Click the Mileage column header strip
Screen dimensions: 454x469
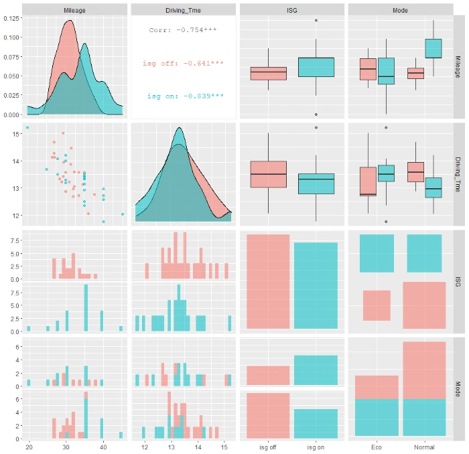pos(74,11)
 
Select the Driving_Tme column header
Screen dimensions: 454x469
pos(183,11)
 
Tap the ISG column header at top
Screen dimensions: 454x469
pos(292,11)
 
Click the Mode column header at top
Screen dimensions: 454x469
pos(401,11)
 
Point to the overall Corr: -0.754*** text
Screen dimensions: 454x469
pos(183,30)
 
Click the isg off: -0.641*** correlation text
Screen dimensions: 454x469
pos(183,63)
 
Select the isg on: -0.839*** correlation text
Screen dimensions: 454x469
pos(185,96)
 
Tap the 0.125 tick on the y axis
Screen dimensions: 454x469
pos(11,17)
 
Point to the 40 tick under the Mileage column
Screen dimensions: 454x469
pos(103,447)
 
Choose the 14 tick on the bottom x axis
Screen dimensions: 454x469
pos(198,447)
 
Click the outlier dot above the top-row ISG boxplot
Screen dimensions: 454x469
pos(316,20)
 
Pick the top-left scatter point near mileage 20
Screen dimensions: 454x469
pos(27,127)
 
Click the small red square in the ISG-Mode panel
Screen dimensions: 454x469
pos(377,305)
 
